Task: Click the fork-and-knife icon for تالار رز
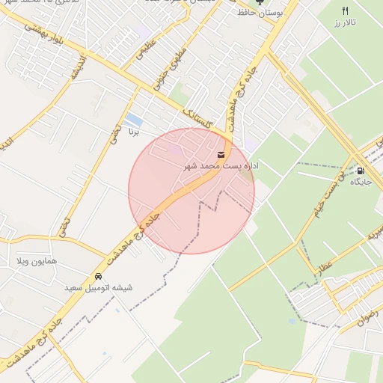(345, 10)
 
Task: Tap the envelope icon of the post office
(221, 154)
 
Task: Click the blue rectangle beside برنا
(134, 120)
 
